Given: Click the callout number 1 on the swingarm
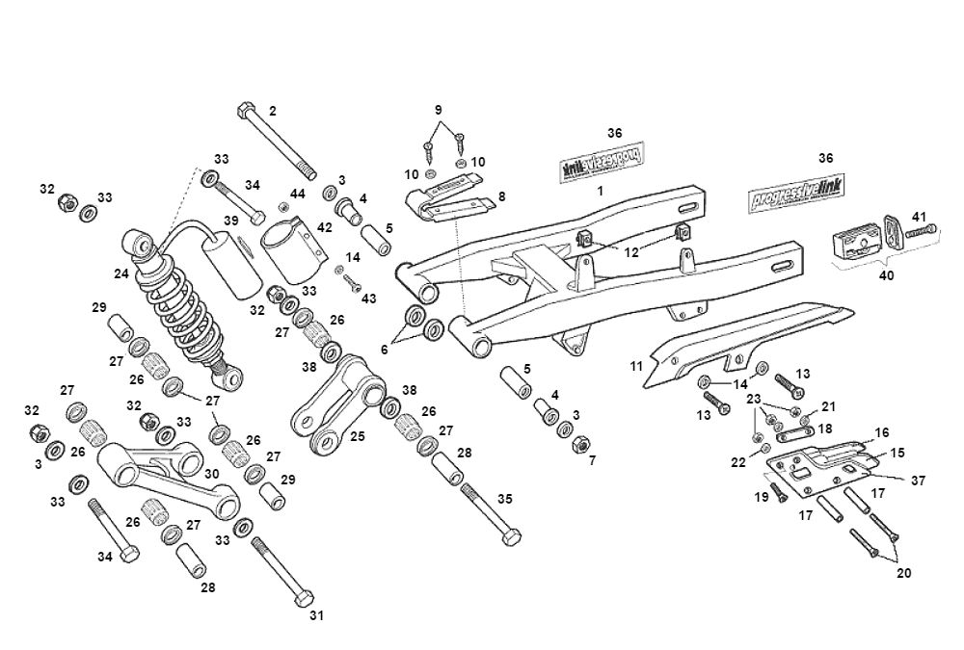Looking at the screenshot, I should [600, 192].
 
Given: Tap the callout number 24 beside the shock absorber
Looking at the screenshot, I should [120, 273].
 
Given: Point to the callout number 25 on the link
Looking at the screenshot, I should [357, 436].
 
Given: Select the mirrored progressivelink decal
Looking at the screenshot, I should [602, 162].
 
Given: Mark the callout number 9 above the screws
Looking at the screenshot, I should [438, 108].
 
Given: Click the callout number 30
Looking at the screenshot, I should [211, 475].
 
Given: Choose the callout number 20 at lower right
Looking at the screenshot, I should [903, 572].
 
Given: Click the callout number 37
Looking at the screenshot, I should [919, 479].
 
